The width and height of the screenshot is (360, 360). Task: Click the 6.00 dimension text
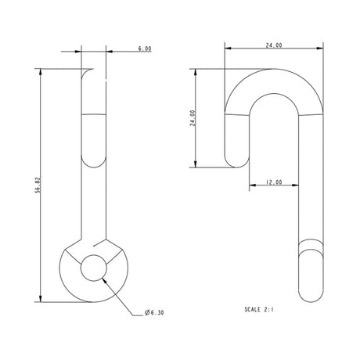coord(144,49)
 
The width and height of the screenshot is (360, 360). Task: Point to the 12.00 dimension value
coord(273,182)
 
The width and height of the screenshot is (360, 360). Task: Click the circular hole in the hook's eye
coord(94,268)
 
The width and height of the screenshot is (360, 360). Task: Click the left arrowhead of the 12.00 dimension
coord(252,187)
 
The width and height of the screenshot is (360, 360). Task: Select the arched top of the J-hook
coord(273,82)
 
